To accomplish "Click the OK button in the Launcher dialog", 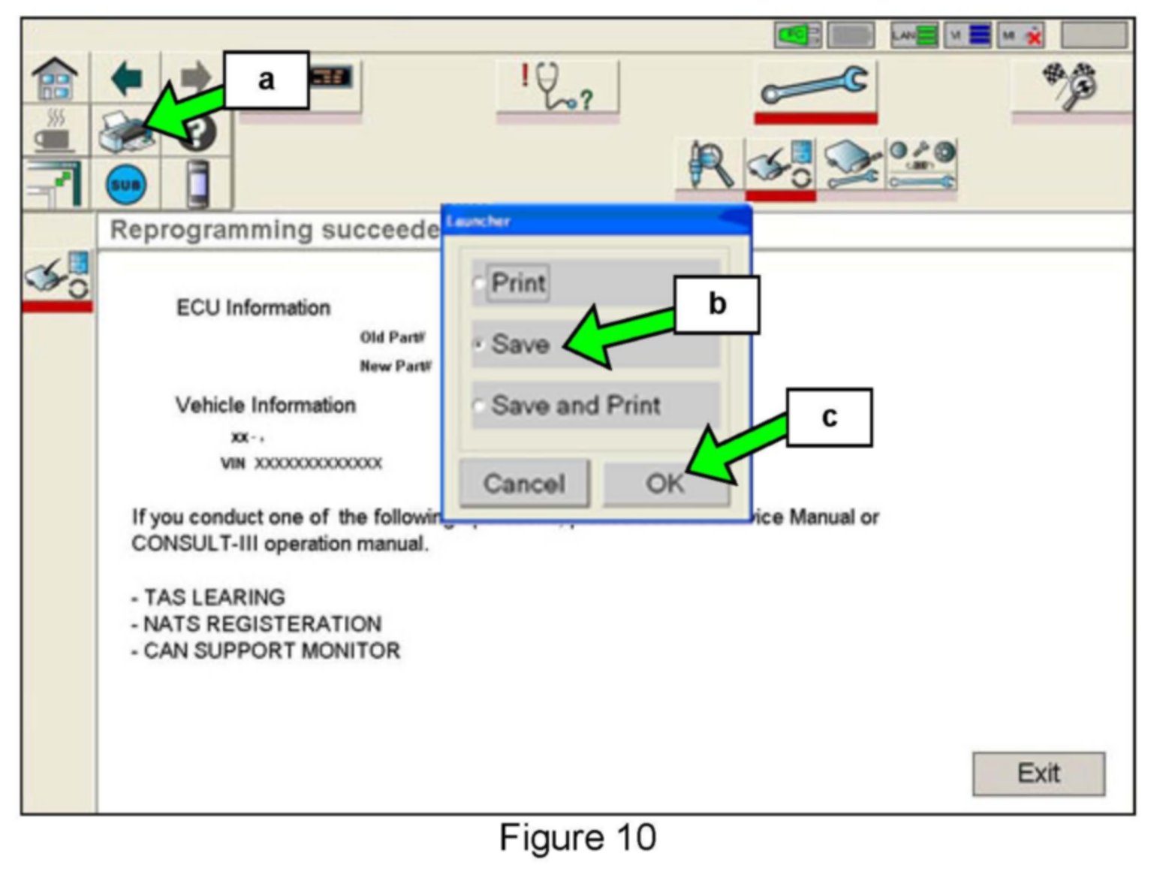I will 665,483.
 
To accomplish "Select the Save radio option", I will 478,345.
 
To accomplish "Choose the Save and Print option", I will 478,406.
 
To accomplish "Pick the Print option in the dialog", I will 478,283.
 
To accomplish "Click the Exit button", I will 1038,773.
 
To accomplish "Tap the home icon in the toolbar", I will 55,79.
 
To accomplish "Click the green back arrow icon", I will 126,78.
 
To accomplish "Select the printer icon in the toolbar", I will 123,131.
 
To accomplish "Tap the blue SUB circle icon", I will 125,184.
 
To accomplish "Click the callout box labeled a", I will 266,80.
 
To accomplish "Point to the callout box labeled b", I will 716,304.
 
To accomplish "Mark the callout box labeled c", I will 829,417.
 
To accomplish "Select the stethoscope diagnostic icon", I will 557,86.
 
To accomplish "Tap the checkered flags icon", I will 1069,84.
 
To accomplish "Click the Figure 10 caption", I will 577,837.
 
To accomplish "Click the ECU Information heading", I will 253,307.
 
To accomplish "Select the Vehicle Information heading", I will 265,405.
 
